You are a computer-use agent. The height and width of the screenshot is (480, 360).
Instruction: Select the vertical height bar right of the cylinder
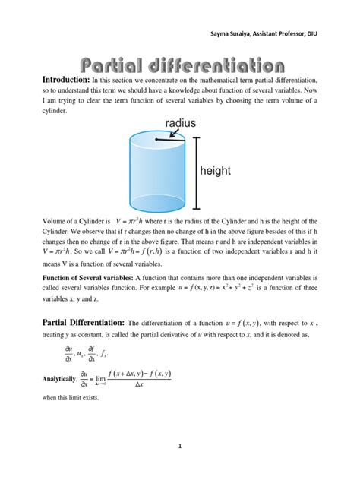[197, 172]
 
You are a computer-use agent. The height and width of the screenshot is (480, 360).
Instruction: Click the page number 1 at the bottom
[180, 446]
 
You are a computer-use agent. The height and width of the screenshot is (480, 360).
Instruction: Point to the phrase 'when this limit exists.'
[63, 398]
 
